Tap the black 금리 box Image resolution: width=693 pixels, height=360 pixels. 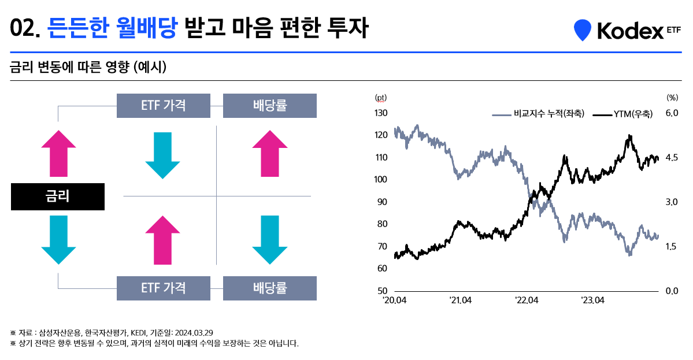(58, 196)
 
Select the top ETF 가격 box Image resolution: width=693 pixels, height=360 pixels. (164, 105)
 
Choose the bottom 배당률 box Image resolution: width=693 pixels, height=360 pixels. (270, 288)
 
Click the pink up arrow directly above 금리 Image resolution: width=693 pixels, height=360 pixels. (58, 153)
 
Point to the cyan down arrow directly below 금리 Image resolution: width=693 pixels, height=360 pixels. (58, 239)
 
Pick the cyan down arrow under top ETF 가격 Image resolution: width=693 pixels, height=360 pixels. (164, 155)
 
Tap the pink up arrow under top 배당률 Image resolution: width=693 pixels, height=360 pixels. (270, 153)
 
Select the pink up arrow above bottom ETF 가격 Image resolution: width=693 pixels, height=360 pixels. (164, 239)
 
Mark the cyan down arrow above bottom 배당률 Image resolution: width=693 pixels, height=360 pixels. (270, 239)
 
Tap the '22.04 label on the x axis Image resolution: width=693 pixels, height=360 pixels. (527, 300)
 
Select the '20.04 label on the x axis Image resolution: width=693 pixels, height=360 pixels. (394, 300)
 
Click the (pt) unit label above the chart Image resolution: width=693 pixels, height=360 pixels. (381, 98)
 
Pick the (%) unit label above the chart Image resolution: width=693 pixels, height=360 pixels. (672, 98)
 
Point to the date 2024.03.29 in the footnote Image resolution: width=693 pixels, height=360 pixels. (194, 332)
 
